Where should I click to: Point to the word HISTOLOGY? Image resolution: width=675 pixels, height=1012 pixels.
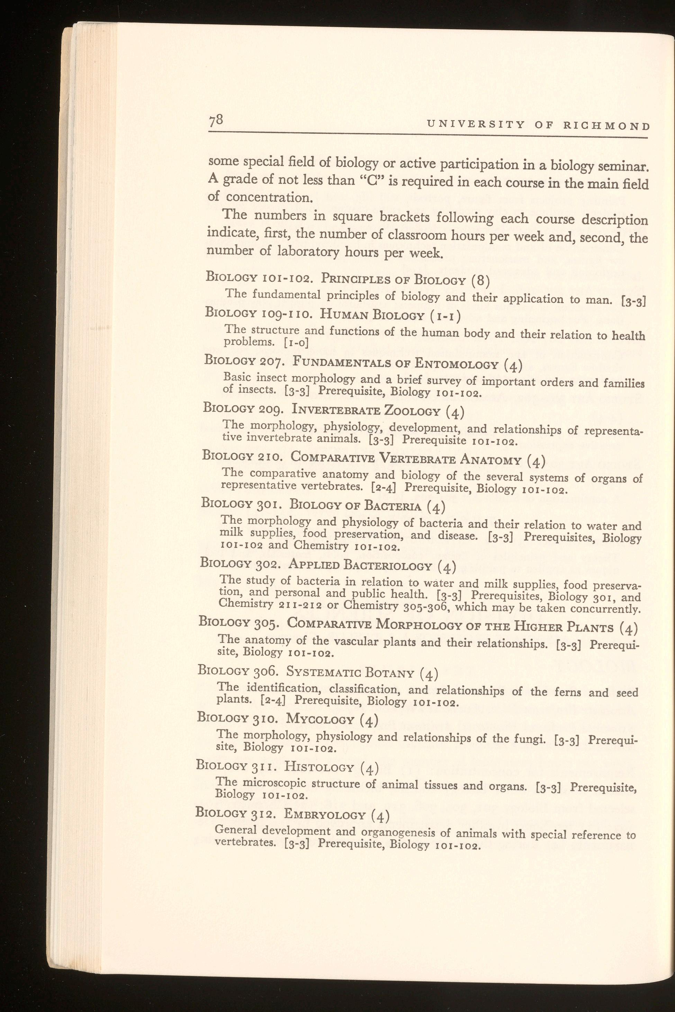click(x=319, y=766)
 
